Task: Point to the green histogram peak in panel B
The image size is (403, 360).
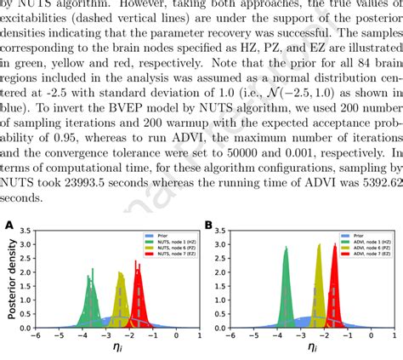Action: [x=286, y=248]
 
